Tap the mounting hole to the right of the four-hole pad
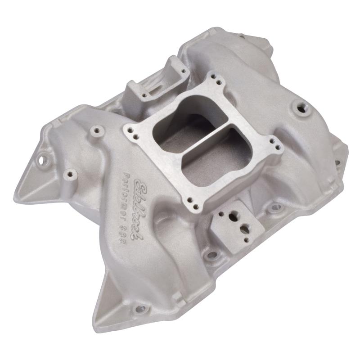click(x=274, y=207)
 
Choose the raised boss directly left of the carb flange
click(x=97, y=131)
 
